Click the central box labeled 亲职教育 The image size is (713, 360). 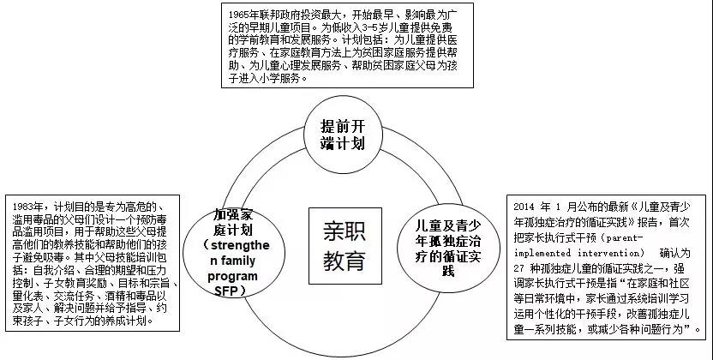point(345,246)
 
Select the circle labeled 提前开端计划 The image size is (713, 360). point(343,135)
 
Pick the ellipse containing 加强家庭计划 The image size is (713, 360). point(234,252)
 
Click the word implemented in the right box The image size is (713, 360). point(542,253)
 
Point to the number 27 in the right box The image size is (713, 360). point(518,268)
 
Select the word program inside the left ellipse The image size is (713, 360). point(232,276)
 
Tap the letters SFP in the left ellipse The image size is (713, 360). point(226,291)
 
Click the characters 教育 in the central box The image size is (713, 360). point(345,261)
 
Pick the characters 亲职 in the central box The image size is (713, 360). point(345,231)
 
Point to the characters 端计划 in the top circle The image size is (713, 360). point(343,143)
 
